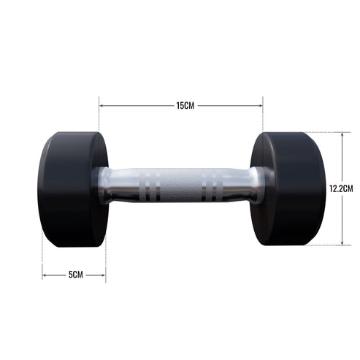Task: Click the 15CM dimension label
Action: [185, 106]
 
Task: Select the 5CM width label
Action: [75, 275]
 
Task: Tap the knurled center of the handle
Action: [179, 185]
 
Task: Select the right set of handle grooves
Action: [211, 185]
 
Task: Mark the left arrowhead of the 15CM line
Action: [102, 106]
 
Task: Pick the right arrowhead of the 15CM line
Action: [260, 106]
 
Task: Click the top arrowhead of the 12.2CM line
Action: [342, 135]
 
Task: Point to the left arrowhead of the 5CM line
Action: [45, 275]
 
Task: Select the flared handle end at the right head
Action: [259, 185]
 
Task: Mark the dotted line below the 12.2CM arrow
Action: [321, 245]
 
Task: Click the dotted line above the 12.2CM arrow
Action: [321, 132]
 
